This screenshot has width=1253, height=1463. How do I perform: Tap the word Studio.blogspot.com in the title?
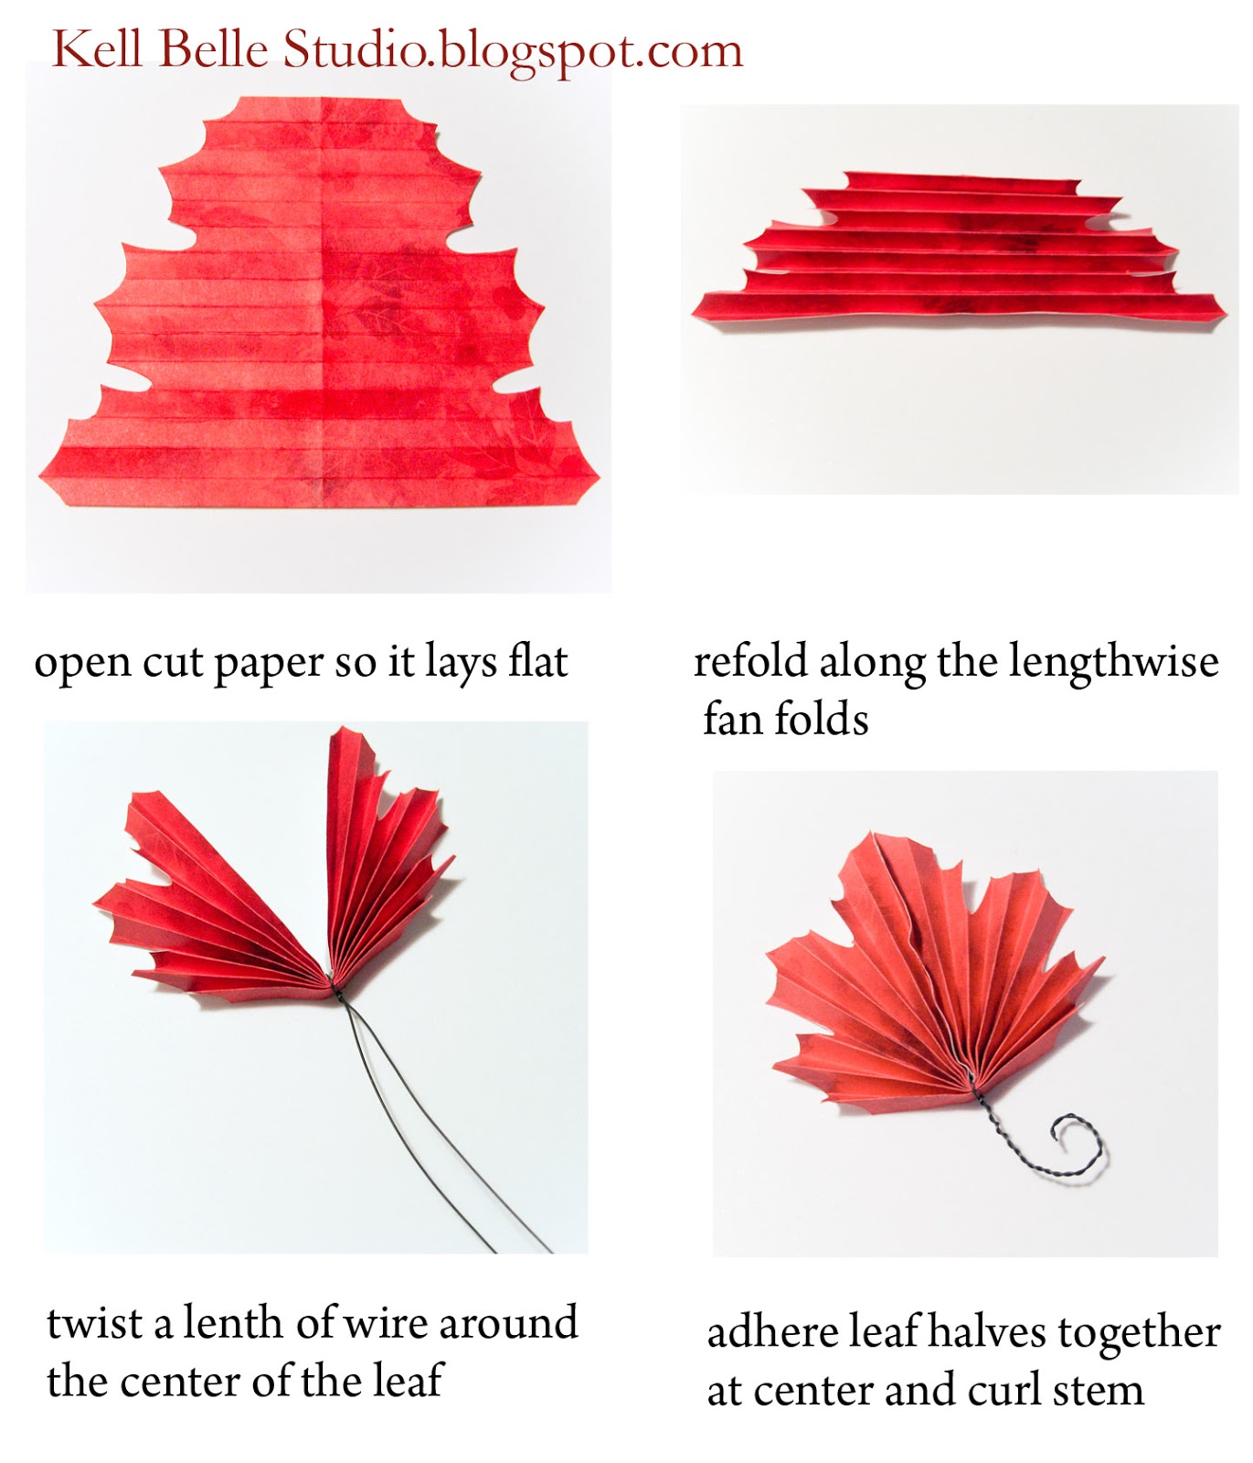[x=513, y=51]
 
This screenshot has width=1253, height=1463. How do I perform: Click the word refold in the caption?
[x=750, y=661]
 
